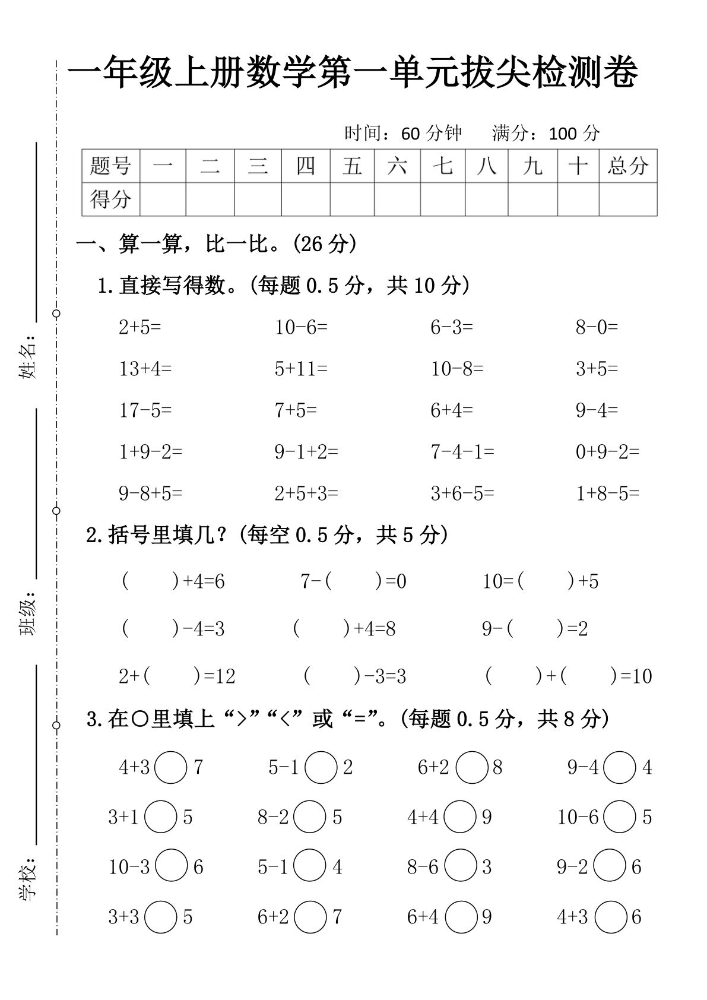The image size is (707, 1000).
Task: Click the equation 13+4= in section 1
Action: pyautogui.click(x=145, y=369)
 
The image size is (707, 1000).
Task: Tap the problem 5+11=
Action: pyautogui.click(x=301, y=369)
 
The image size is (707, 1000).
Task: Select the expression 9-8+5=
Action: pyautogui.click(x=151, y=493)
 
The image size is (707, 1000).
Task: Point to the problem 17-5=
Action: pyautogui.click(x=145, y=410)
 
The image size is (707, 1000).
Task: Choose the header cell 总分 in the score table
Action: pyautogui.click(x=627, y=166)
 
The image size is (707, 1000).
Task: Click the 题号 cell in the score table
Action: pyautogui.click(x=110, y=166)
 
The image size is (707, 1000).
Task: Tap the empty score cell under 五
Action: pyautogui.click(x=352, y=199)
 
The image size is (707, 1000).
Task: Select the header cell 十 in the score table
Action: pyautogui.click(x=578, y=166)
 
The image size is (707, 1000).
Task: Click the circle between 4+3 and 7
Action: pyautogui.click(x=170, y=767)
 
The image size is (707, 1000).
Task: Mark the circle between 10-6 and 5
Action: pyautogui.click(x=620, y=817)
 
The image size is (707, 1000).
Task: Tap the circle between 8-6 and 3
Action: pyautogui.click(x=460, y=867)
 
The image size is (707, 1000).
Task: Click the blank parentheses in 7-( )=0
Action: pyautogui.click(x=354, y=581)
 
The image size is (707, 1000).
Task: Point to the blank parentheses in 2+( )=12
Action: pyautogui.click(x=172, y=676)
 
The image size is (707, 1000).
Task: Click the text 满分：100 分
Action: pyautogui.click(x=546, y=133)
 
